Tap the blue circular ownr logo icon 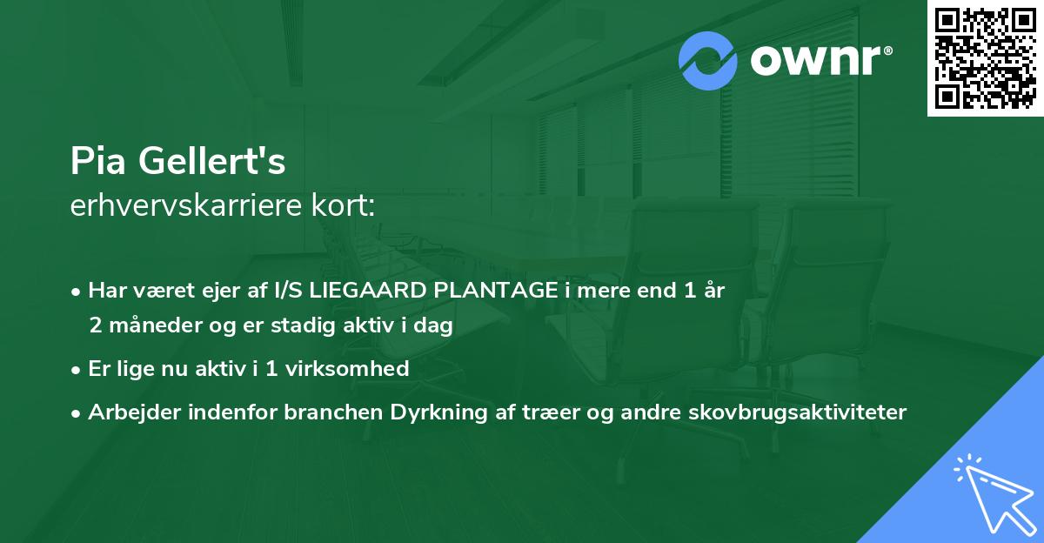point(708,61)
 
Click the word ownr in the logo point(814,62)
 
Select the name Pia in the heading point(95,163)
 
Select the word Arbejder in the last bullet point(126,412)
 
